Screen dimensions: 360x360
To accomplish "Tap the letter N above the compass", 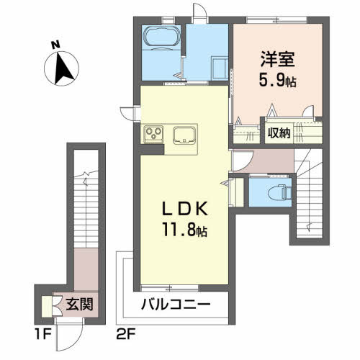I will coord(55,45).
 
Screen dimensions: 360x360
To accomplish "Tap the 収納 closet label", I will coord(279,132).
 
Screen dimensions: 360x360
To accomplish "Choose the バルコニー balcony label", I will coord(176,304).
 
